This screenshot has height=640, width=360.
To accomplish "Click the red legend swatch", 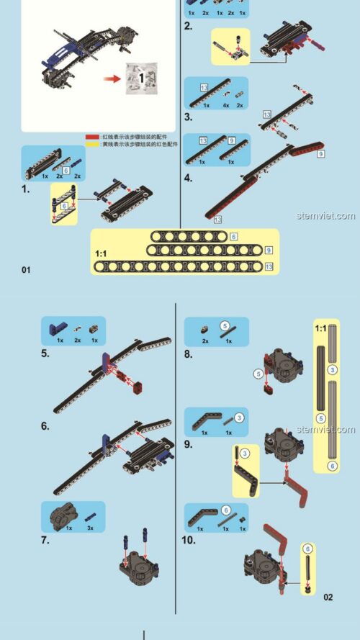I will point(92,135).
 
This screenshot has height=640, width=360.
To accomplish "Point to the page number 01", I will point(27,270).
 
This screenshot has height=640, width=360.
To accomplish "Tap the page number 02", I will point(328,597).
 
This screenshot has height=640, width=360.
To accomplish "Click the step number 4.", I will point(188,177).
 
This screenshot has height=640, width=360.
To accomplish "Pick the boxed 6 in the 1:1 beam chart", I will point(234,236).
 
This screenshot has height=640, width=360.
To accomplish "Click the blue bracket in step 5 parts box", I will point(55,329).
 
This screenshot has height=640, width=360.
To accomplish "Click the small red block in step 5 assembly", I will point(138,391).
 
